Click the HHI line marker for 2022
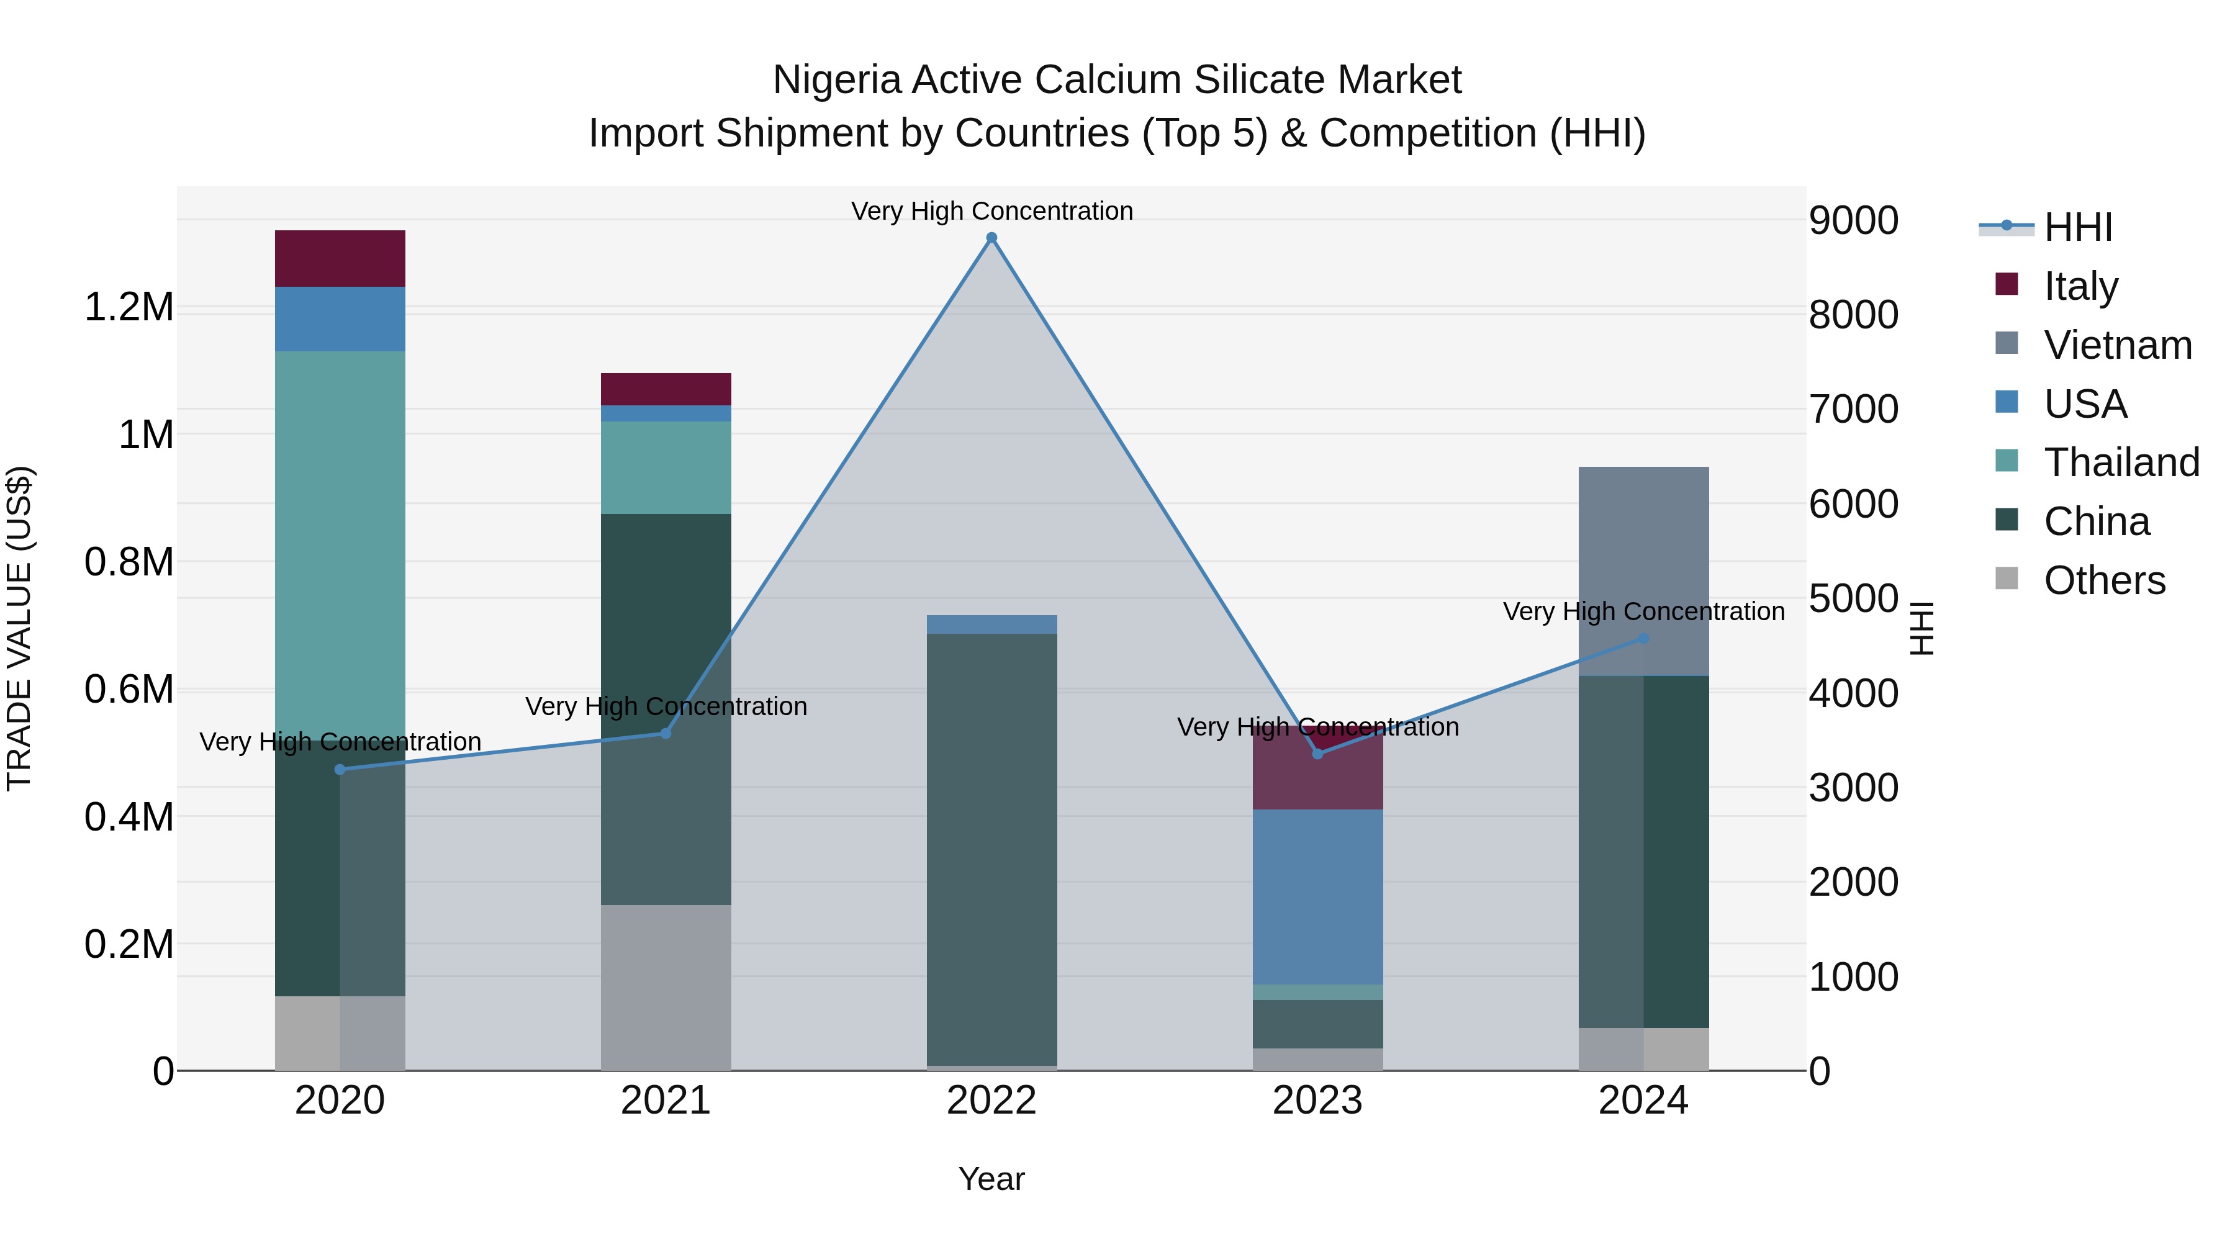pyautogui.click(x=991, y=238)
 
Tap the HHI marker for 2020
pyautogui.click(x=340, y=770)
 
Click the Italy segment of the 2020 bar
pyautogui.click(x=340, y=258)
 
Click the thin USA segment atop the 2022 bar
pyautogui.click(x=991, y=624)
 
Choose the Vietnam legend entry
pyautogui.click(x=2118, y=345)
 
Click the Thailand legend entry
pyautogui.click(x=2121, y=462)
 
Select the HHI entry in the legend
pyautogui.click(x=2078, y=227)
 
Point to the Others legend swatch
pyautogui.click(x=2007, y=579)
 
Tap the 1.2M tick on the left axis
pyautogui.click(x=129, y=307)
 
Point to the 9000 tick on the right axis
pyautogui.click(x=1853, y=220)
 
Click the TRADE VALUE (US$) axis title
pyautogui.click(x=19, y=628)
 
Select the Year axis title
pyautogui.click(x=991, y=1179)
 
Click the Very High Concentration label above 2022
pyautogui.click(x=991, y=211)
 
